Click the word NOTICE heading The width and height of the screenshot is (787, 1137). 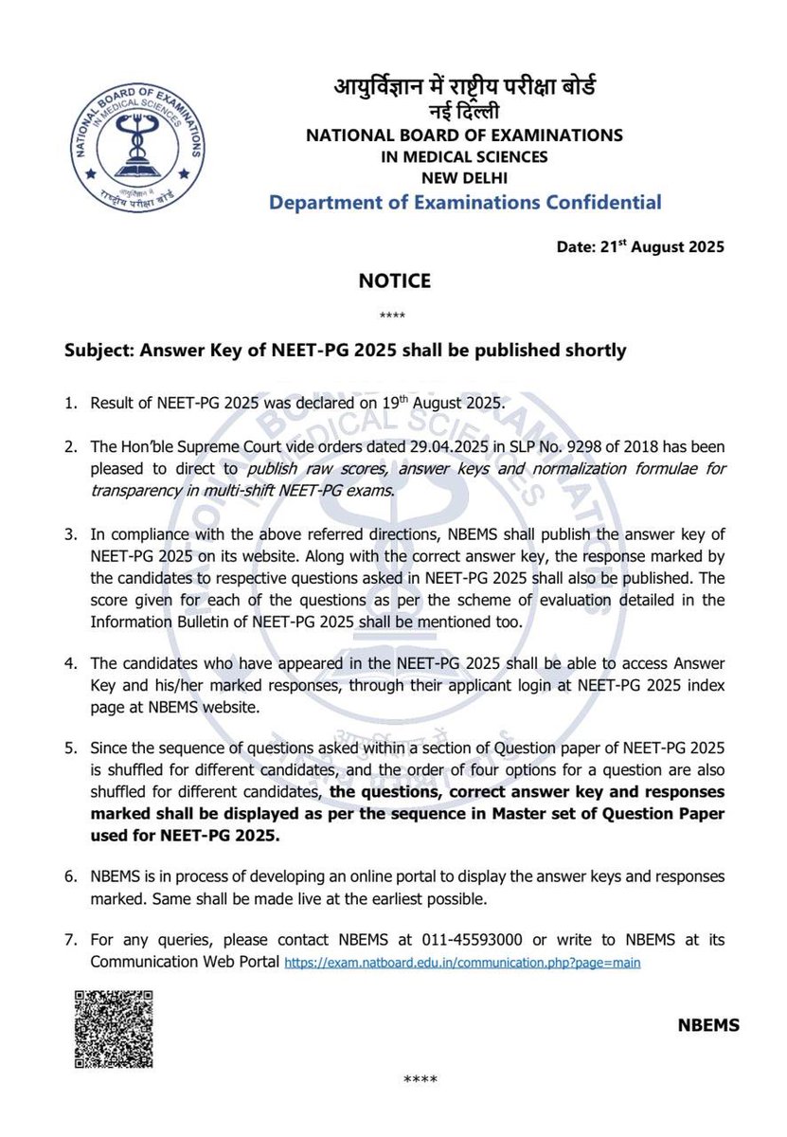click(395, 280)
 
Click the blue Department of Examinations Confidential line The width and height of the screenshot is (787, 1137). click(465, 202)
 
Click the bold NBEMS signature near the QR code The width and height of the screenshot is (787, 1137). click(708, 1025)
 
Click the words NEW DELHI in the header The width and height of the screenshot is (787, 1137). click(464, 177)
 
